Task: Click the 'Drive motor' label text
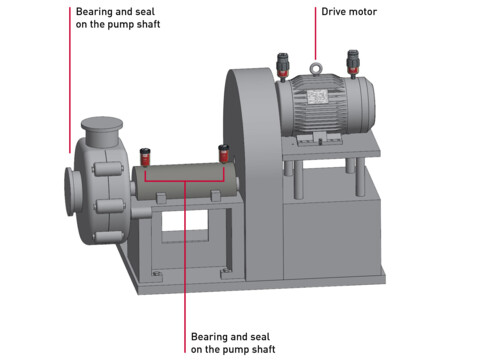[x=349, y=12]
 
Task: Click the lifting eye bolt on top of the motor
[x=317, y=70]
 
